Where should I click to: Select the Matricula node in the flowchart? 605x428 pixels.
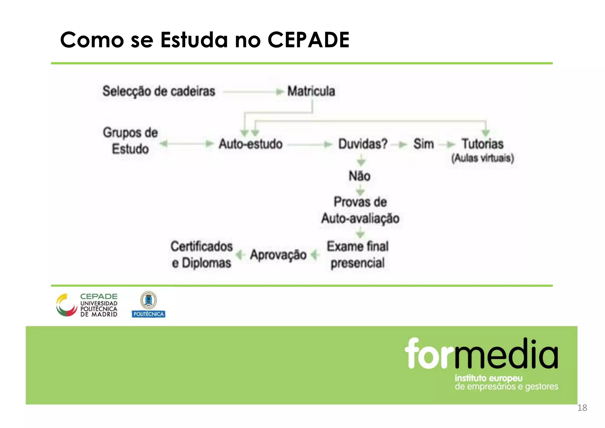tap(311, 91)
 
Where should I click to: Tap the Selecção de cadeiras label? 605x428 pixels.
tap(159, 91)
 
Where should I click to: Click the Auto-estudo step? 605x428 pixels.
tap(251, 144)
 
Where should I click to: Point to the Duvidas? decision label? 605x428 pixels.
tap(362, 144)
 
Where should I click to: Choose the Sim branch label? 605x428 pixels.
tap(423, 144)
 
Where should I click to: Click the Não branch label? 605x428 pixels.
tap(360, 176)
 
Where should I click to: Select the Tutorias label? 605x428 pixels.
tap(482, 144)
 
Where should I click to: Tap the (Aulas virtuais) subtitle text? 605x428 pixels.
tap(482, 158)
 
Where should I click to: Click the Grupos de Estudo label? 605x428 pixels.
tap(130, 141)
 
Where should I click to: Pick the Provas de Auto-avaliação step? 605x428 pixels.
tap(360, 210)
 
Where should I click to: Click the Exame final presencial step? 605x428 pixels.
tap(357, 254)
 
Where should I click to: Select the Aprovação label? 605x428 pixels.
tap(278, 255)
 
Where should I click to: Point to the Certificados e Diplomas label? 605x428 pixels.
tap(201, 254)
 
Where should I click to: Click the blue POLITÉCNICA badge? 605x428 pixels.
tap(148, 314)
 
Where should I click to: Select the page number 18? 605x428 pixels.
tap(582, 408)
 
